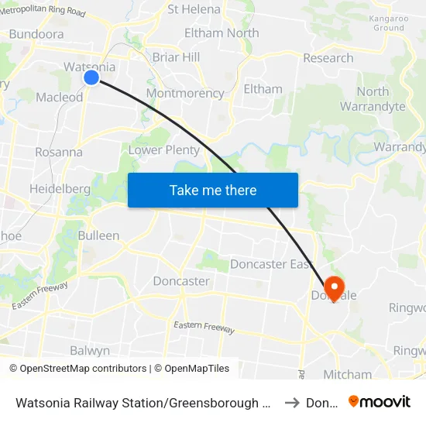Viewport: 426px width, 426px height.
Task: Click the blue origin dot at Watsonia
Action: pos(91,77)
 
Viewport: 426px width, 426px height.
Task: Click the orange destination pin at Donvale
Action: pos(334,287)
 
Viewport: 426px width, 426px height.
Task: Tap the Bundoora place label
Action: pos(36,34)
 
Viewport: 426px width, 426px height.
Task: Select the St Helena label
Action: pos(194,10)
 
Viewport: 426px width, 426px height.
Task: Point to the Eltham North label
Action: pos(222,33)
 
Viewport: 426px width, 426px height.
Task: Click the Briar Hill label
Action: pos(177,57)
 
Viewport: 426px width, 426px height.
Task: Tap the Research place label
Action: pos(328,58)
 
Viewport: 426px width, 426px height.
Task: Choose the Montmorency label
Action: pos(185,93)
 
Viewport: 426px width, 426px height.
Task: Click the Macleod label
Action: pos(60,98)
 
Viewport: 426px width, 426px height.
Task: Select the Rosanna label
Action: pos(59,152)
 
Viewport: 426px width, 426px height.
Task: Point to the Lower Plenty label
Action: pos(164,149)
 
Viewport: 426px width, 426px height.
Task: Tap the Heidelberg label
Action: pos(60,188)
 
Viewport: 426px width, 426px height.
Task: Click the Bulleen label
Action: pos(98,235)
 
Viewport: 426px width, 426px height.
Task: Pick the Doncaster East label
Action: pos(270,264)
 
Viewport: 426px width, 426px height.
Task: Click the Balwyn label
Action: pos(90,350)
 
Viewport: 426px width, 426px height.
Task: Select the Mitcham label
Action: pos(347,375)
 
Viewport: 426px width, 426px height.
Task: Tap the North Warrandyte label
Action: pos(373,99)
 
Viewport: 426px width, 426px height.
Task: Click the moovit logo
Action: pos(380,402)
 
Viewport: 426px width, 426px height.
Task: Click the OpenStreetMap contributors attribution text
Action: pos(83,369)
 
